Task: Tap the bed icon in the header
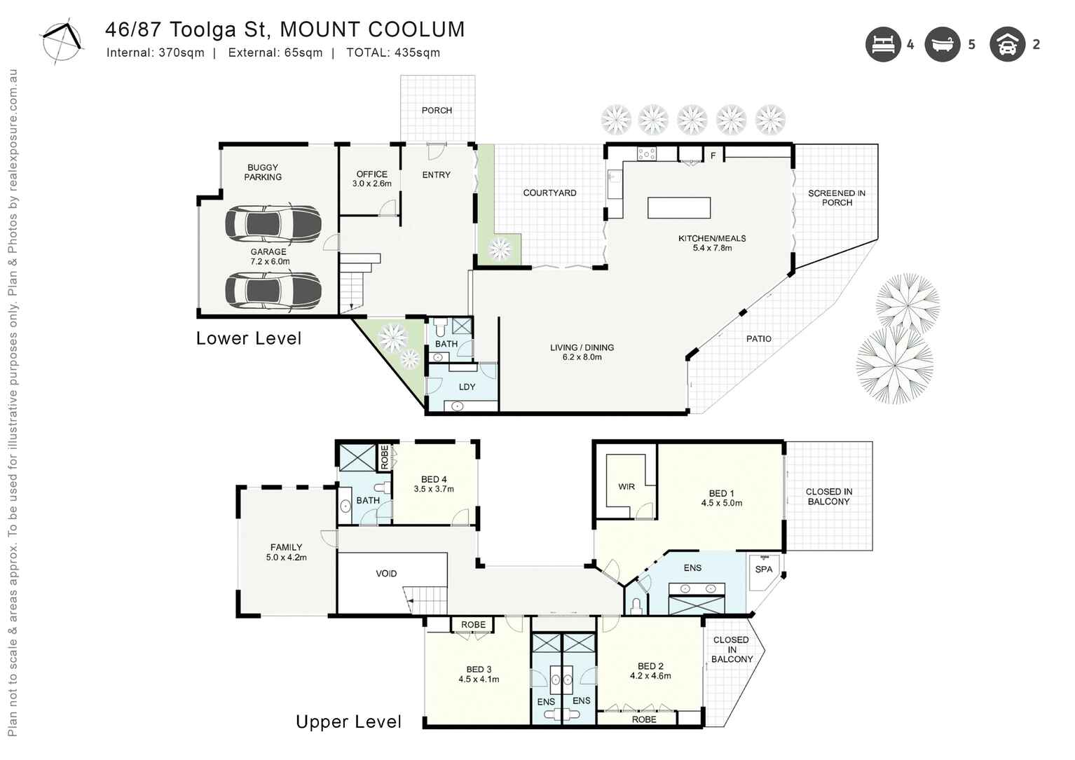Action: point(882,45)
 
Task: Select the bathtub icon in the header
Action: point(942,45)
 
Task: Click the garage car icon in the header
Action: point(1007,45)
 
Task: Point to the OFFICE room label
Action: point(371,174)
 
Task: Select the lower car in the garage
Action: point(273,289)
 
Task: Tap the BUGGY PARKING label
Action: point(263,172)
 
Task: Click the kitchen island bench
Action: point(678,208)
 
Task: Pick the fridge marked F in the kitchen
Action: point(713,156)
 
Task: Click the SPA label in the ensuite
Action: point(763,569)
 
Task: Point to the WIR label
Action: point(626,487)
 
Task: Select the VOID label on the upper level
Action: point(386,574)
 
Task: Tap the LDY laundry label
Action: point(467,387)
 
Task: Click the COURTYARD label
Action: point(549,193)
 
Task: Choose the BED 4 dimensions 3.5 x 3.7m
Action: point(434,489)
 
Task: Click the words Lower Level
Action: point(248,338)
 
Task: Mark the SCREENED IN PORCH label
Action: point(836,198)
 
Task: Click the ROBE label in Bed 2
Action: point(644,719)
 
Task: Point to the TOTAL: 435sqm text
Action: point(393,53)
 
